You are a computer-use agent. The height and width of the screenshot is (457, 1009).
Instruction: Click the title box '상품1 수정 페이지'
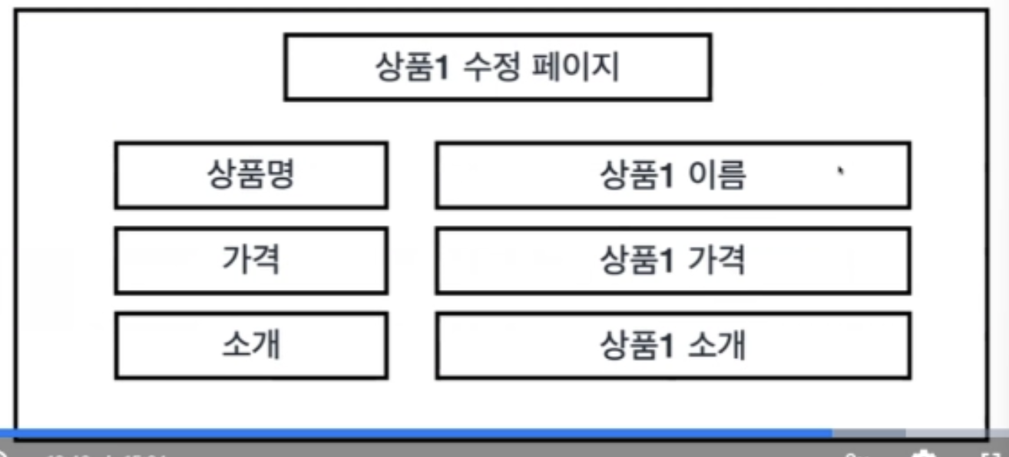coord(498,67)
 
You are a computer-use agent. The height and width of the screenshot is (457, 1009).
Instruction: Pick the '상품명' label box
coord(250,176)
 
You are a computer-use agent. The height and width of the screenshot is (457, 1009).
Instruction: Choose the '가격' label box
coord(250,261)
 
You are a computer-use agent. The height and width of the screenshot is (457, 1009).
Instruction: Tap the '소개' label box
coord(250,345)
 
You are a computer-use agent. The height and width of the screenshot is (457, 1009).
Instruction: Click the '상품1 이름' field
coord(673,176)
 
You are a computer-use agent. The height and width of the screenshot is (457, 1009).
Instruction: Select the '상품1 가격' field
coord(673,261)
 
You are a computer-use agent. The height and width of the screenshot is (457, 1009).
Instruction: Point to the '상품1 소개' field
coord(673,345)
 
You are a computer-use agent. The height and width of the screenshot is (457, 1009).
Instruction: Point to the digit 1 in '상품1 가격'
coord(667,261)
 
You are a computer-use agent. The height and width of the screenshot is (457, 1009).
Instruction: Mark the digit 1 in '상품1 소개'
coord(667,346)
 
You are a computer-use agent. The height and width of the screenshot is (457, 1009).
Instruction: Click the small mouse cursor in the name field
coord(842,171)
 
